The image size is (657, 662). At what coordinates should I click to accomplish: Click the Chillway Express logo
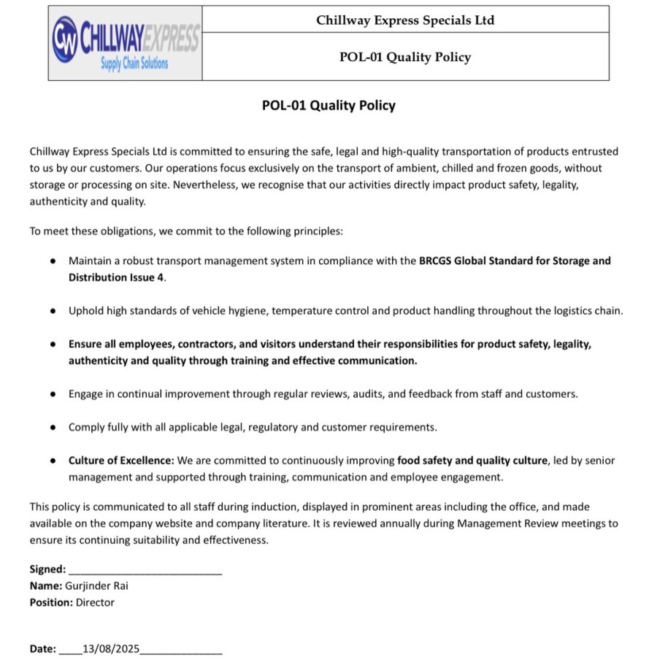coord(125,43)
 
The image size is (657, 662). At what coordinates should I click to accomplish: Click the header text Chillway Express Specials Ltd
coord(405,20)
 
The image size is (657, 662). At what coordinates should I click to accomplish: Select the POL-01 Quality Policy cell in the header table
coord(405,57)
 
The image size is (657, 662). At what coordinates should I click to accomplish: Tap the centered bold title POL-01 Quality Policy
coord(328,105)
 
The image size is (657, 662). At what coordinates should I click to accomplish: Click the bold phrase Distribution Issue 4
coord(117,277)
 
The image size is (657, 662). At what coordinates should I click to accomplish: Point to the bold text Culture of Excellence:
coord(121,461)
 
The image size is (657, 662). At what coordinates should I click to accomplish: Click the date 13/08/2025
coord(112,648)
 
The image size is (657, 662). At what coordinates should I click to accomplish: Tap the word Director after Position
coord(95,602)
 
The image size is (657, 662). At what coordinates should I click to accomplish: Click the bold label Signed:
coord(47,569)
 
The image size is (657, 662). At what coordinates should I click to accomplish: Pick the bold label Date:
coord(42,648)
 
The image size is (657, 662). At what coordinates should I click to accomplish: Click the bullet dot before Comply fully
coord(53,428)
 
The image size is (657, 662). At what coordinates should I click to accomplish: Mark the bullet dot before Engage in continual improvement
coord(53,394)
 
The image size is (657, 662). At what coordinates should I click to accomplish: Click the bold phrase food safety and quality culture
coord(472,461)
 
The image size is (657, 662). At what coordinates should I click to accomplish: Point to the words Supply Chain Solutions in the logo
coord(134,63)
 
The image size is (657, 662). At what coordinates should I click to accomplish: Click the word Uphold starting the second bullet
coord(85,311)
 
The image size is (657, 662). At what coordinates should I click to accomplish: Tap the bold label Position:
coord(51,602)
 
